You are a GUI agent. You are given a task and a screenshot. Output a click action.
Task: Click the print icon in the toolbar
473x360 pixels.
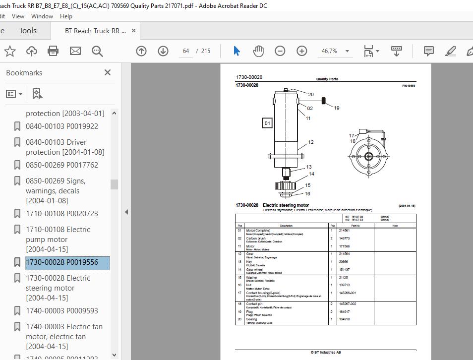[53, 51]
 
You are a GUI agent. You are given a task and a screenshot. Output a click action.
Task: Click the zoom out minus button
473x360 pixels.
[280, 51]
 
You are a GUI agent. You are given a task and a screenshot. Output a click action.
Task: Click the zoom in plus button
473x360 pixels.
[302, 51]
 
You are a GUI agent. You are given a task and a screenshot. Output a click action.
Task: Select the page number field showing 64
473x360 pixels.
[186, 51]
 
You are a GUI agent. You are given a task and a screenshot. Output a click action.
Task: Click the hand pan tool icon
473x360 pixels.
[258, 51]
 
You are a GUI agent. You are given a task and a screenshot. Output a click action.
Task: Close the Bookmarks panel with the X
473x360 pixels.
[108, 72]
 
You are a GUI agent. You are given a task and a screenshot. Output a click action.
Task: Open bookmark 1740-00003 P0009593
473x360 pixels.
[61, 311]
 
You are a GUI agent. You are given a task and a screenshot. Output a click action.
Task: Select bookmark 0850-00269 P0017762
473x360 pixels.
[61, 165]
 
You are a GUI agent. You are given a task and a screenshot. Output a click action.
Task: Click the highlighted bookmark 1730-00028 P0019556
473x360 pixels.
[61, 262]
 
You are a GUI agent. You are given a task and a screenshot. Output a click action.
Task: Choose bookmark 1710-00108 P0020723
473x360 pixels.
[61, 214]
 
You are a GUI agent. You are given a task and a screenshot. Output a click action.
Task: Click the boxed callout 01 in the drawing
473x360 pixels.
[267, 123]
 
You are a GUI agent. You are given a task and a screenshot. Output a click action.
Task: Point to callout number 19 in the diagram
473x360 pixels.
[336, 108]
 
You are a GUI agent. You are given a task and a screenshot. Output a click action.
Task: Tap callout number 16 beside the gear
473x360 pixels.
[307, 194]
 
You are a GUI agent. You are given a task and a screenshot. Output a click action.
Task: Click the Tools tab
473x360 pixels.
[28, 31]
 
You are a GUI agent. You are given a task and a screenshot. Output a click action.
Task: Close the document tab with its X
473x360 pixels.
[133, 31]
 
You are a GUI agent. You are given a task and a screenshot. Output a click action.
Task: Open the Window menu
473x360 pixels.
[42, 16]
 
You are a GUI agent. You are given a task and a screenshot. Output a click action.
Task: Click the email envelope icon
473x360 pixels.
[75, 51]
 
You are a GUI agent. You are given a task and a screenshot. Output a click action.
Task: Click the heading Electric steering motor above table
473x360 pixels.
[286, 205]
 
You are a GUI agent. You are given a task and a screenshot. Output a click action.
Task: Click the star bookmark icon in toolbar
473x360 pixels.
[10, 51]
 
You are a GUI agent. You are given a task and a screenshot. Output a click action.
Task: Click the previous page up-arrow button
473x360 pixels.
[141, 51]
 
